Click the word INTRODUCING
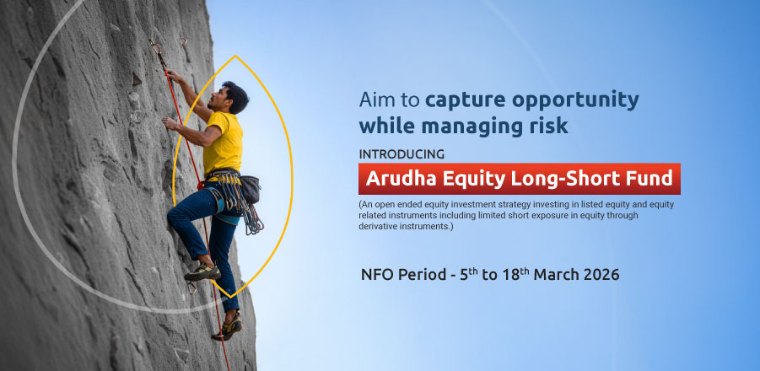[402, 154]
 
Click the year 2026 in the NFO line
[601, 275]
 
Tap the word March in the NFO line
[557, 275]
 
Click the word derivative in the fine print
[375, 226]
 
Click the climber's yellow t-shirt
[223, 141]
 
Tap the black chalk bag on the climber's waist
[250, 190]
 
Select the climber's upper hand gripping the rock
[174, 76]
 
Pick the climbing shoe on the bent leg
[202, 272]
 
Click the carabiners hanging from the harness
[245, 207]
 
